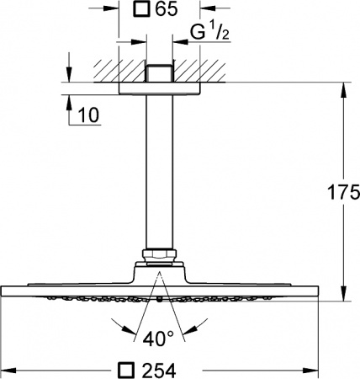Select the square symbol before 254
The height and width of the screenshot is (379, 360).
click(126, 369)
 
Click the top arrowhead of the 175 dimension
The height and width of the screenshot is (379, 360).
click(342, 87)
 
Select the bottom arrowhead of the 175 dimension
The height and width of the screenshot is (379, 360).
click(342, 295)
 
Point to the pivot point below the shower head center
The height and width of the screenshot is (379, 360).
click(158, 298)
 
